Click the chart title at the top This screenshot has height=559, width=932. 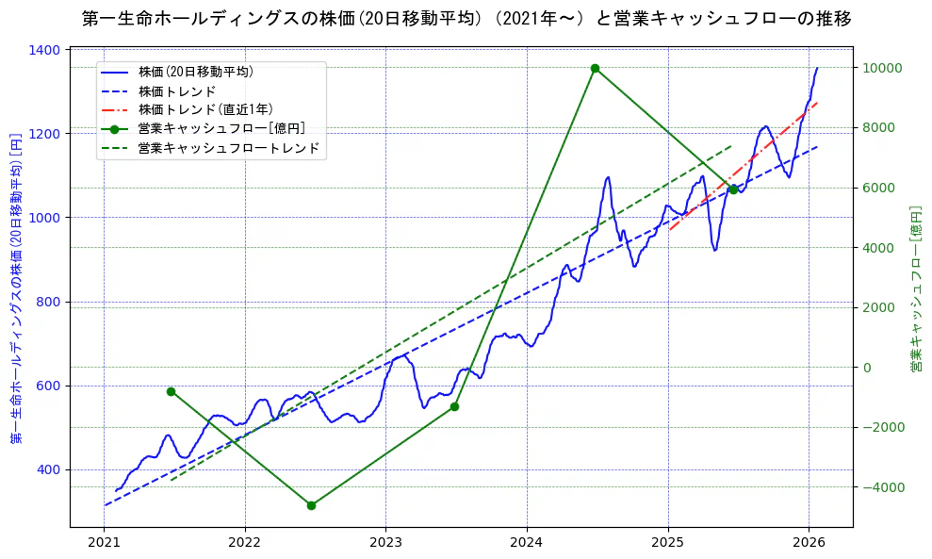coord(466,19)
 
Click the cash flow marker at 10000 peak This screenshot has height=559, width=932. coord(595,68)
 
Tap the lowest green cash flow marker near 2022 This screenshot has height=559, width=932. coord(311,505)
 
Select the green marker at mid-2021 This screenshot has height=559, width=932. coord(171,391)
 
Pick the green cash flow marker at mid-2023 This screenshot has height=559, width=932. coord(454,406)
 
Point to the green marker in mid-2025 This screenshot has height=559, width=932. coord(733,189)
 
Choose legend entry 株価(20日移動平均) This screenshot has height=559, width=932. coord(194,72)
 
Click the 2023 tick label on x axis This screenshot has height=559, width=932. coord(385,543)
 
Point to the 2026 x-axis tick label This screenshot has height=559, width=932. coord(809,543)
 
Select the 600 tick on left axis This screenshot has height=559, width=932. coord(51,386)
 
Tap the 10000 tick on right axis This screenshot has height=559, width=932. coord(882,68)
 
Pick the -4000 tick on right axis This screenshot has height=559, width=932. coord(882,487)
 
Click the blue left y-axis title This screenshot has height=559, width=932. coord(16,288)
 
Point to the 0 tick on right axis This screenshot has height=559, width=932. coord(867,368)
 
